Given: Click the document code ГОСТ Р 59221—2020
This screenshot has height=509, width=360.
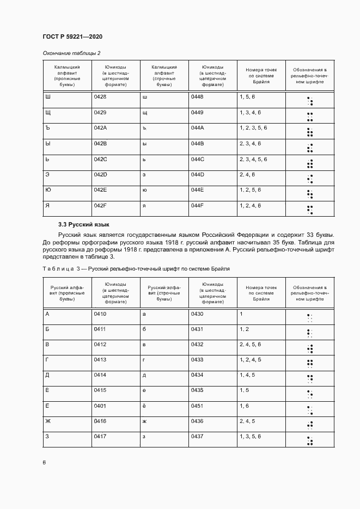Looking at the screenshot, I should tap(72, 36).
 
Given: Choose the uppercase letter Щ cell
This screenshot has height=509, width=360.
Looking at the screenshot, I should tap(47, 112).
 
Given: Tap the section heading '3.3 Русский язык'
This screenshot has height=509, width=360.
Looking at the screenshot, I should tap(84, 224).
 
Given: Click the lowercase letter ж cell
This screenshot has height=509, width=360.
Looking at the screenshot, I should tap(144, 421).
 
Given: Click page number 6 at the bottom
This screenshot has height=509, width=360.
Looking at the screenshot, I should tap(44, 462).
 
